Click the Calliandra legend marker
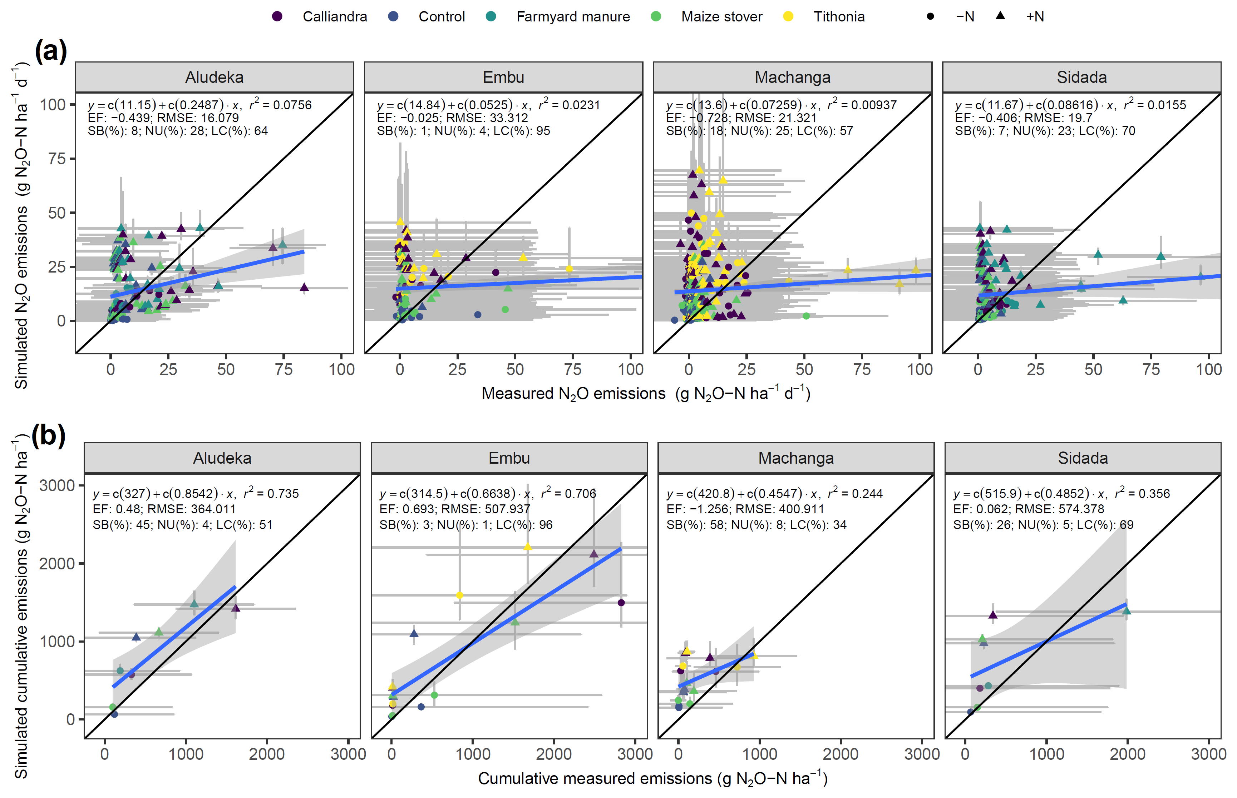277,16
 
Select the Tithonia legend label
839,16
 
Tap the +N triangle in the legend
1000,16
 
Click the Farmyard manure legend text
573,16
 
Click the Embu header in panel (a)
503,77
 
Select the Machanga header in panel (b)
795,458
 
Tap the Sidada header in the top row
1081,77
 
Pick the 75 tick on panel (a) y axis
57,159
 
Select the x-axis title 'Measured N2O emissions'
573,394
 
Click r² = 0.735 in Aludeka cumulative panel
271,493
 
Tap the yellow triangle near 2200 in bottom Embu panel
527,547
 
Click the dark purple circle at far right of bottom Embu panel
621,603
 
